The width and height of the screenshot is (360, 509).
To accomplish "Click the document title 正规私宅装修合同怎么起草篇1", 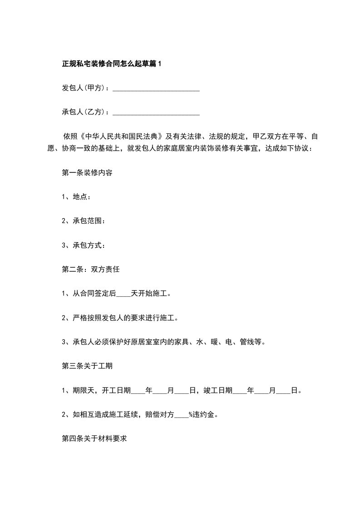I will [112, 64].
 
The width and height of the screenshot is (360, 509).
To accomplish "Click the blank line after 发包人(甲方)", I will [156, 88].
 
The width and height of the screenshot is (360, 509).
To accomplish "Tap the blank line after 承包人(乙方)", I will [156, 112].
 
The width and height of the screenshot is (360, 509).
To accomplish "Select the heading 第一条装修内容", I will [87, 173].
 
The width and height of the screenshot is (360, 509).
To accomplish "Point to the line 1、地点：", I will [76, 196].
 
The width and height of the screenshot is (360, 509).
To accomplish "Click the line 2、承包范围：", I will [84, 221].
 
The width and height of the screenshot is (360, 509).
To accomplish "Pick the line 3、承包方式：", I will [84, 245].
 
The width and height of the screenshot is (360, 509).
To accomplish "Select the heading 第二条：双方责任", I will [90, 269].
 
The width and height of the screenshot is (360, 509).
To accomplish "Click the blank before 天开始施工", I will [123, 294].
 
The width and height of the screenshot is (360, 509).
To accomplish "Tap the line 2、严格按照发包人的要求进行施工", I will [120, 318].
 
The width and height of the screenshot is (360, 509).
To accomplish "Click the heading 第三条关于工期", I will [87, 366].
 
